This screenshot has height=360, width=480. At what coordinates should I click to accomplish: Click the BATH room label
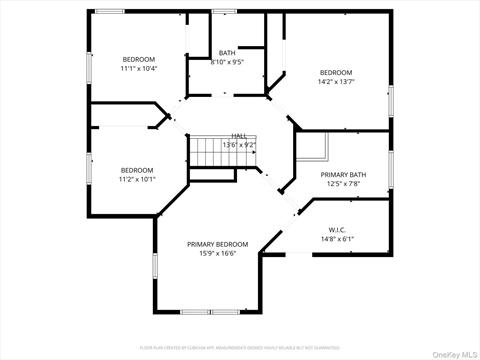click(x=227, y=52)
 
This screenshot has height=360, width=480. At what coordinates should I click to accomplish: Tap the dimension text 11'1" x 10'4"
click(x=139, y=68)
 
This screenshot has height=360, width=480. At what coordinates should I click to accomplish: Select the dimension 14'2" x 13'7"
click(x=336, y=82)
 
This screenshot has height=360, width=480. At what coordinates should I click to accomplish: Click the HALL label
click(x=239, y=136)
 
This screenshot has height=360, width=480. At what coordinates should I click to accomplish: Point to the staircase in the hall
click(x=211, y=152)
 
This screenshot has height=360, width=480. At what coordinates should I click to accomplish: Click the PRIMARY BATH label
click(x=343, y=174)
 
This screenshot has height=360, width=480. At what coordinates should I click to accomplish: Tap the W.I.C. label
click(x=337, y=229)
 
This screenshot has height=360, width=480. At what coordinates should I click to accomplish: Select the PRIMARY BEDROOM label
click(x=217, y=244)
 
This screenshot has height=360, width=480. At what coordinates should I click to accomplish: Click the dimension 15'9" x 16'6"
click(x=217, y=254)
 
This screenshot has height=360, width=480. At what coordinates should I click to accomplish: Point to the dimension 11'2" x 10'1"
click(x=138, y=180)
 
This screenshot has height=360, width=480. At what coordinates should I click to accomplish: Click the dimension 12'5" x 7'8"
click(x=343, y=184)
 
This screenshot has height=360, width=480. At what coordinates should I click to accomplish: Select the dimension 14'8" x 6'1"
click(x=337, y=239)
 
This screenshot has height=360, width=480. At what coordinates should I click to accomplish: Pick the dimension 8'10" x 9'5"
click(x=227, y=62)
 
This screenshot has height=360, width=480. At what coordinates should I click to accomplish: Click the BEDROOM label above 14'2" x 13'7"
click(x=336, y=72)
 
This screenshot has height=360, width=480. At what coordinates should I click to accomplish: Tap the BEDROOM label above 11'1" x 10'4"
click(x=139, y=58)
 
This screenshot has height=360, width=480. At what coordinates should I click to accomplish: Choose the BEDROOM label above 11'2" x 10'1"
click(x=138, y=170)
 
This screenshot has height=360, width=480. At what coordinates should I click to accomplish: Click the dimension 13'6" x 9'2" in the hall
click(x=239, y=146)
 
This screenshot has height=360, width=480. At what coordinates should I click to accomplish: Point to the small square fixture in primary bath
click(x=318, y=150)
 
